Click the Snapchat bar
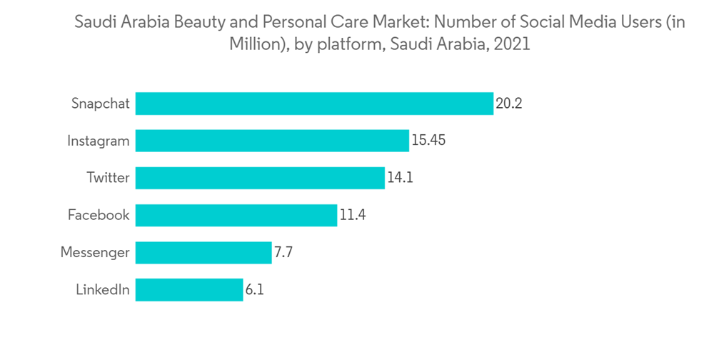[314, 104]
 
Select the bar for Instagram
[272, 141]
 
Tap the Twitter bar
[260, 178]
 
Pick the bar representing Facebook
[236, 215]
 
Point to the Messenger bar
[203, 252]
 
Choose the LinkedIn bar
[189, 290]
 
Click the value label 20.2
[509, 104]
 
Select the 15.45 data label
[428, 141]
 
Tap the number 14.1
[400, 178]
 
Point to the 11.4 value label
[353, 215]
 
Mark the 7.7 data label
[283, 252]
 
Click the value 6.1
[255, 290]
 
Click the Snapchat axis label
[101, 104]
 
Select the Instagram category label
[99, 141]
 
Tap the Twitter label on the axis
[109, 178]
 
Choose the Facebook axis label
[99, 215]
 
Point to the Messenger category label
[95, 252]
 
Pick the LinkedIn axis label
[103, 290]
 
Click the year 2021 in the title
[511, 44]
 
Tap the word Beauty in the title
[186, 22]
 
